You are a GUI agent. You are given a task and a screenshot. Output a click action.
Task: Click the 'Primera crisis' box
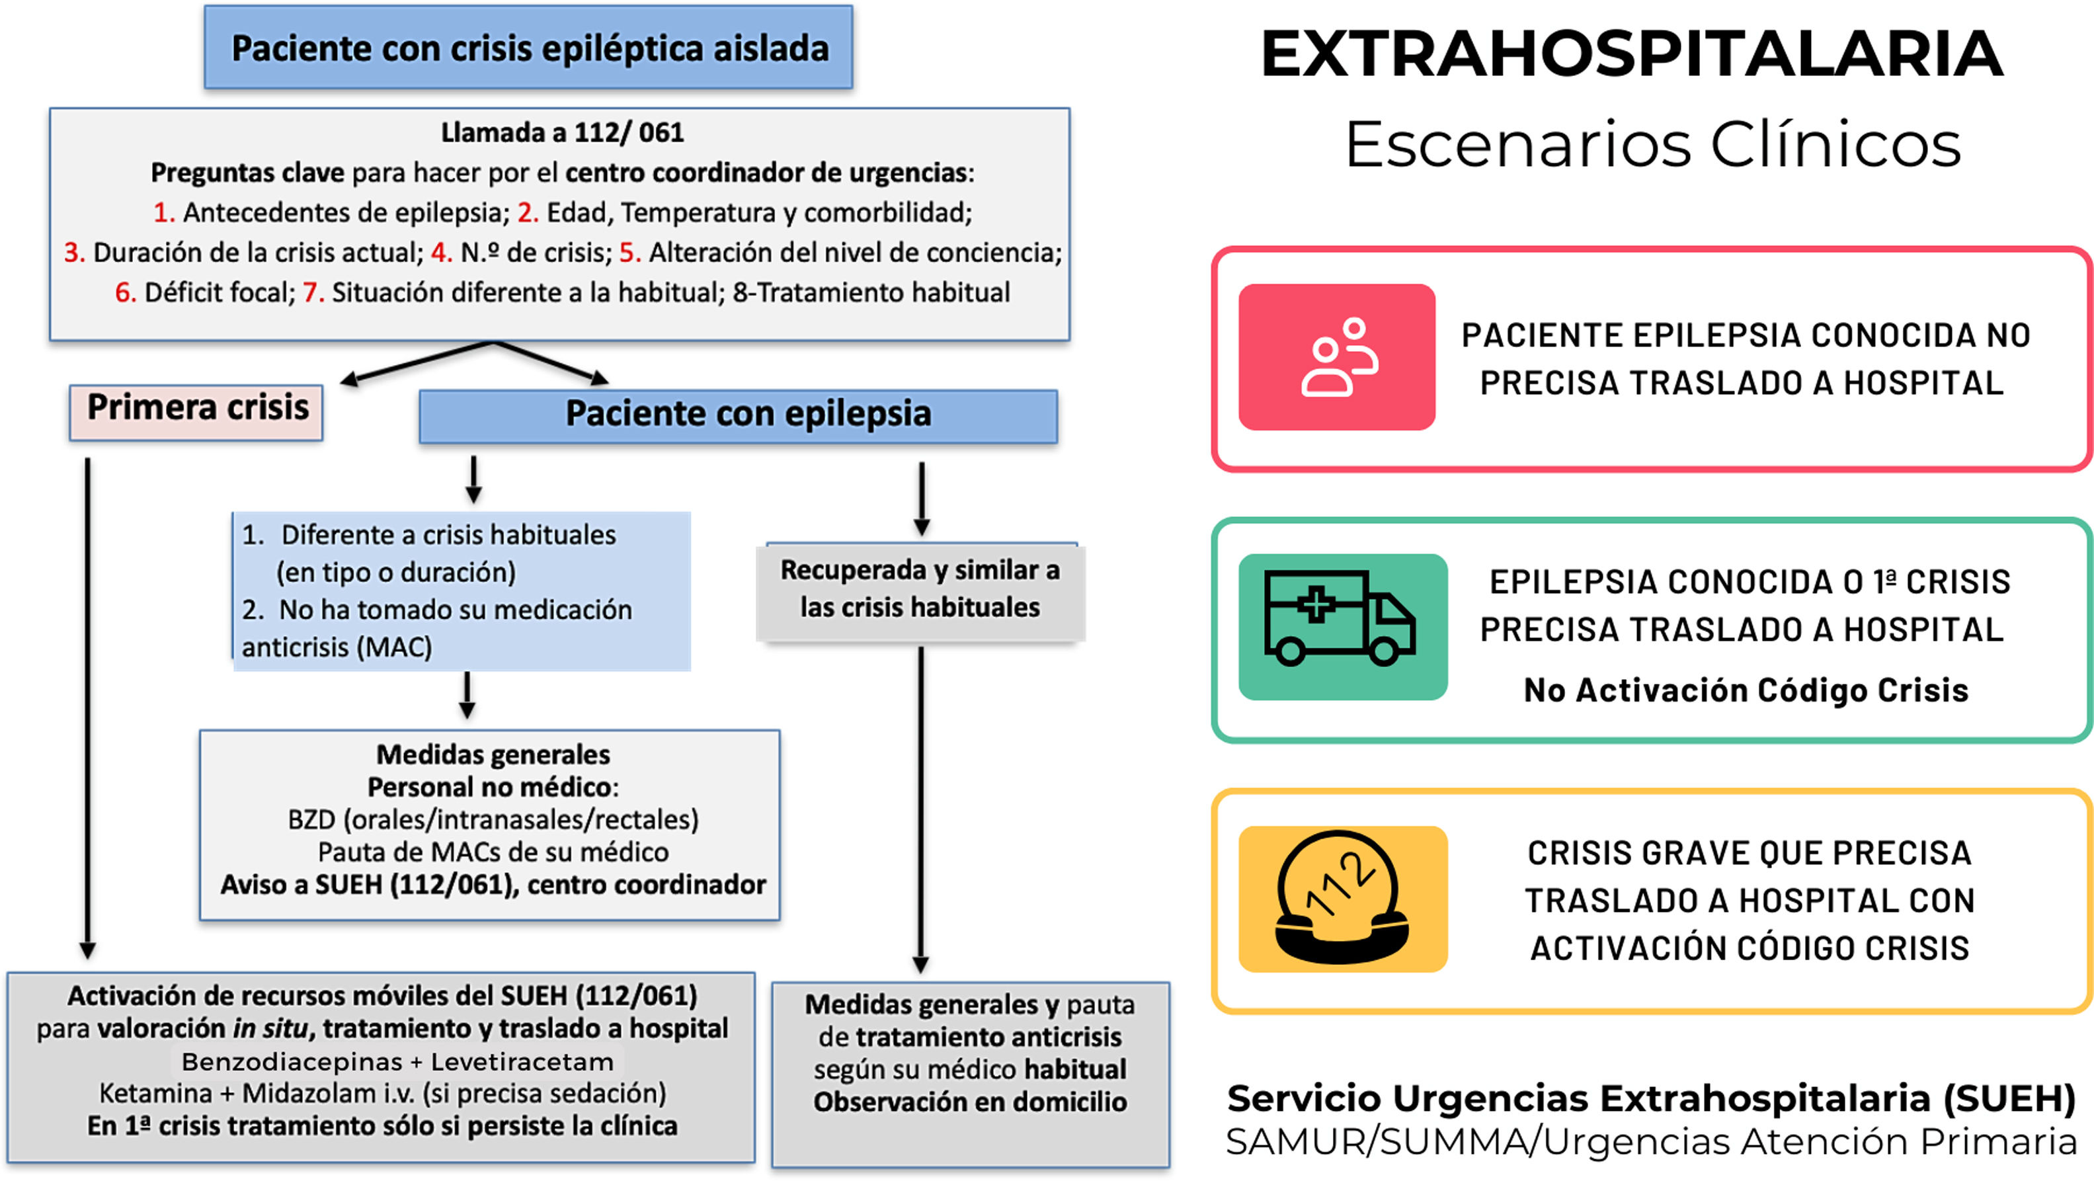point(196,412)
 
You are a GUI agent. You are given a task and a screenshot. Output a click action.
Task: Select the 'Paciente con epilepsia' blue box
point(738,416)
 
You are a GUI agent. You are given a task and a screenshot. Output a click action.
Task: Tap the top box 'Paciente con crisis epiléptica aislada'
point(528,47)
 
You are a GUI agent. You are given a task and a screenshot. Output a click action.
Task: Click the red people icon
point(1336,357)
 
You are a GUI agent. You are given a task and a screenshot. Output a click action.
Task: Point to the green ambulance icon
point(1342,627)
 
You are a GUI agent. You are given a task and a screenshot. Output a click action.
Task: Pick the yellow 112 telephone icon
point(1342,899)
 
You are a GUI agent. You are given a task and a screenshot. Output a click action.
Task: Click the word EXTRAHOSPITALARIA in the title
point(1631,54)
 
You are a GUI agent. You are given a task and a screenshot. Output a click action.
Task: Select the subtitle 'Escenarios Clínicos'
point(1652,144)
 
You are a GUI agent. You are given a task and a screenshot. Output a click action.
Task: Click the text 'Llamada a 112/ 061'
point(562,132)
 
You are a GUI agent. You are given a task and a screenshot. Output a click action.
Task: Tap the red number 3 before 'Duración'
point(74,252)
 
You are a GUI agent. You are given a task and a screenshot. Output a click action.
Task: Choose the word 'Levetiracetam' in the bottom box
point(522,1061)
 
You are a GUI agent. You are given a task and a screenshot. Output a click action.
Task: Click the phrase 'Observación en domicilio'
point(970,1102)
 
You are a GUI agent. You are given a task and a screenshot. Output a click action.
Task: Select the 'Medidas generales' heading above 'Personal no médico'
point(493,754)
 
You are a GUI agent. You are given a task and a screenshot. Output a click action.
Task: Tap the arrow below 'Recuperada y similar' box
point(921,809)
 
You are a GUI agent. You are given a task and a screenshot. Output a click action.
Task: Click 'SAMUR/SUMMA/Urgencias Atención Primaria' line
point(1651,1141)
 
